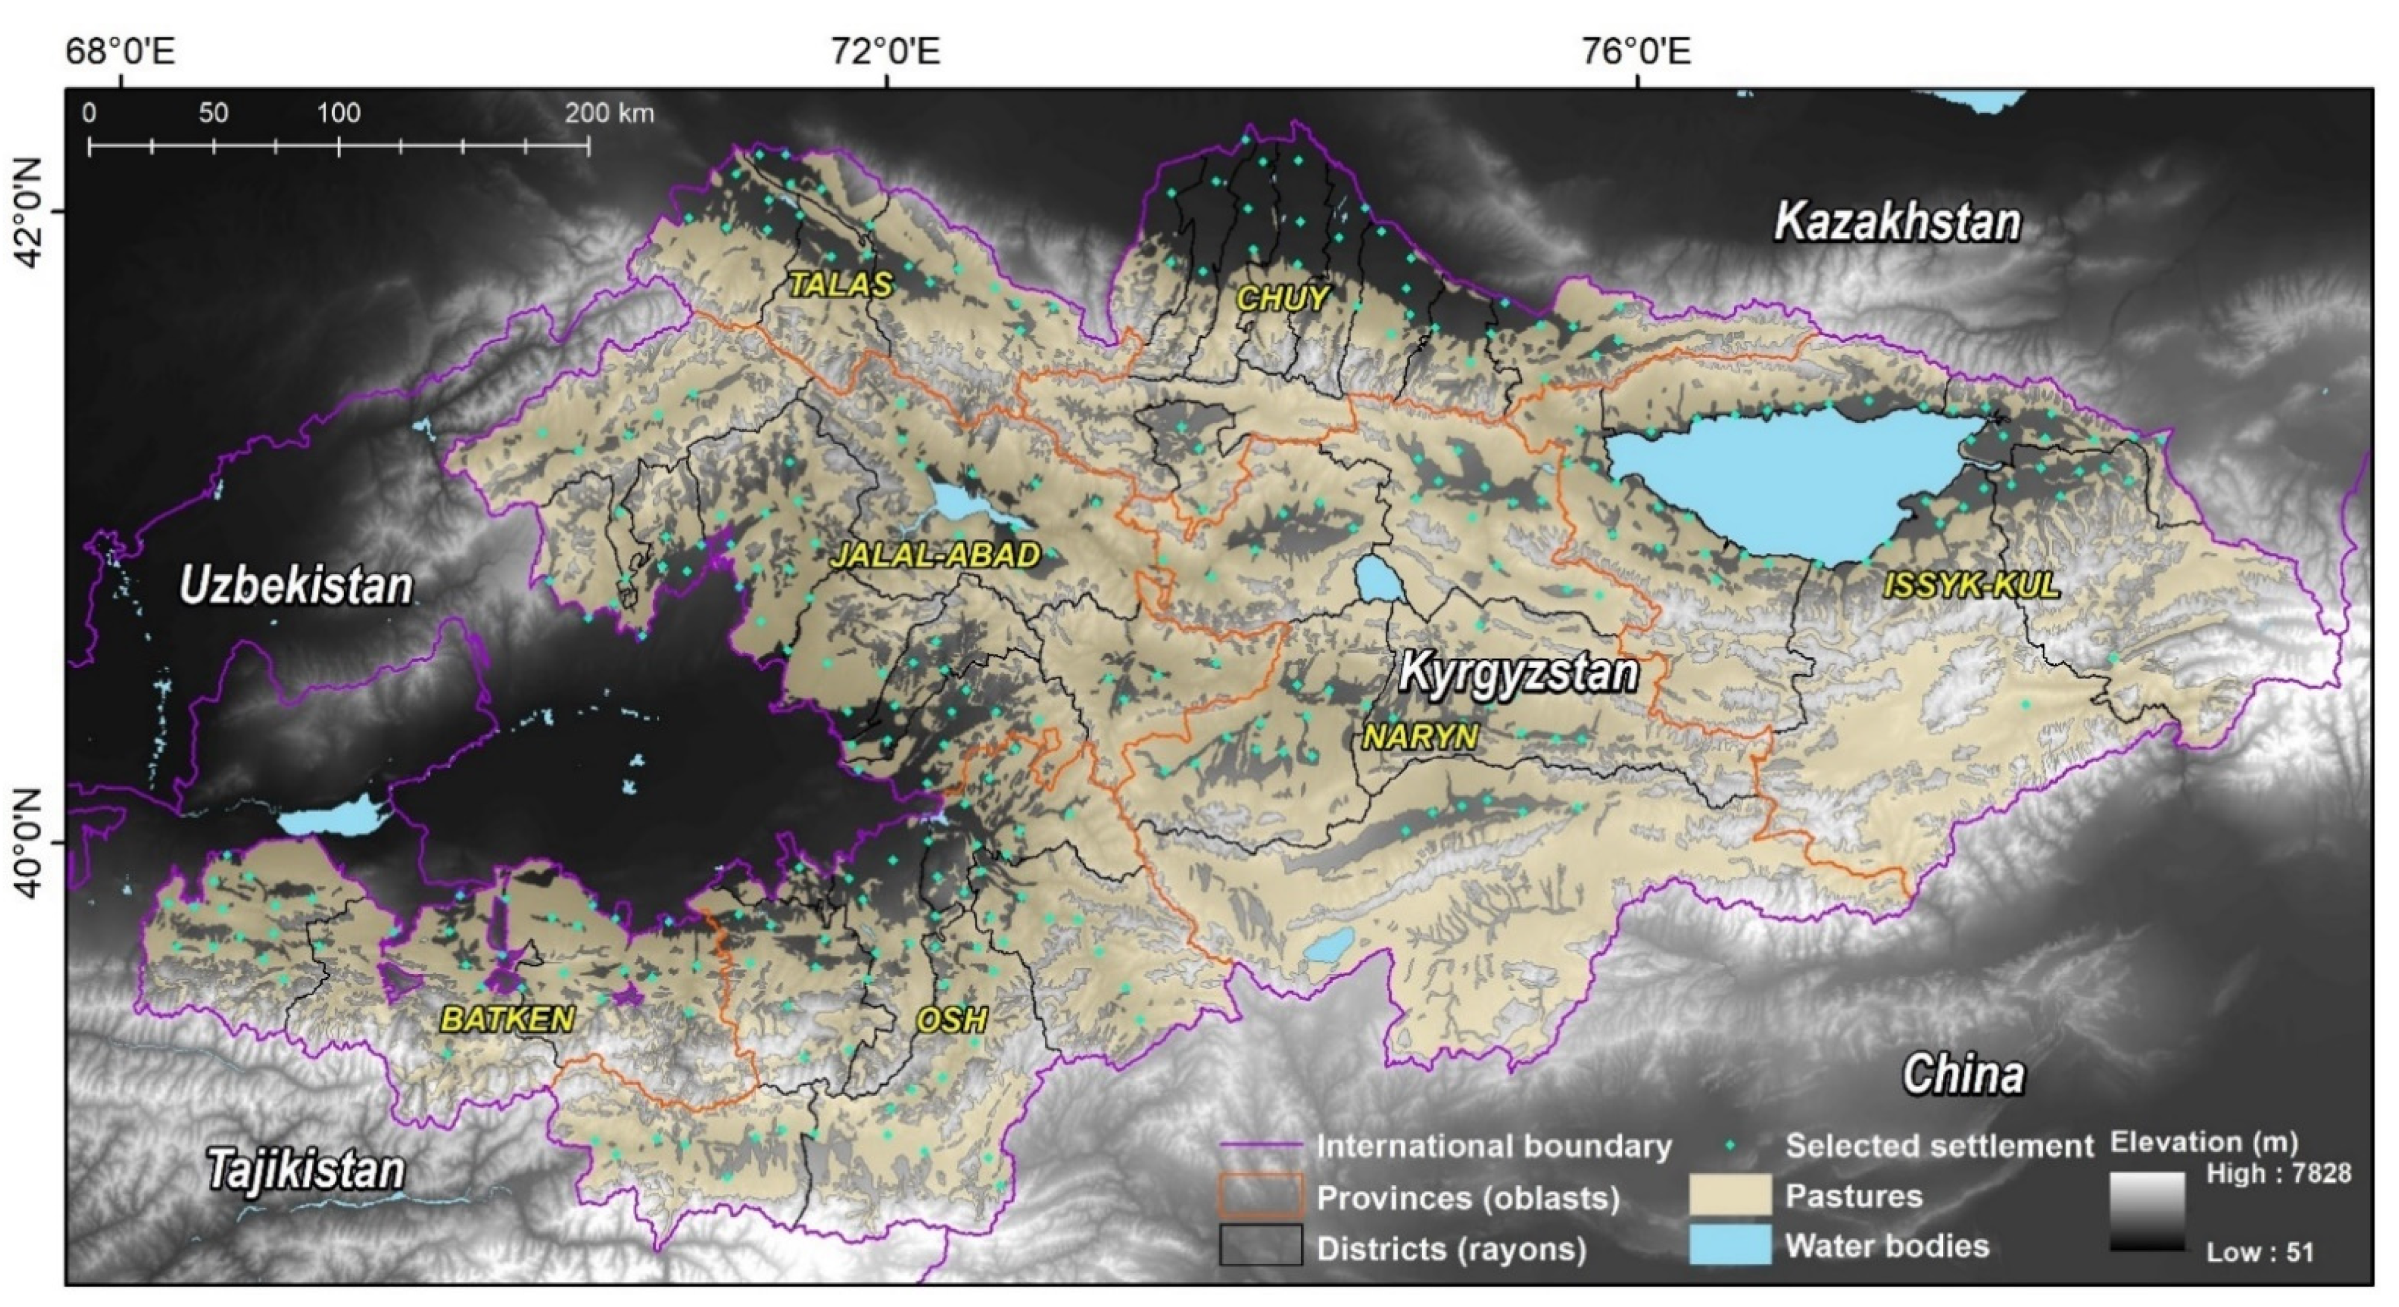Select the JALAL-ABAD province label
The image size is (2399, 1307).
(935, 556)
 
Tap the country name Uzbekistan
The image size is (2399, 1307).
(295, 586)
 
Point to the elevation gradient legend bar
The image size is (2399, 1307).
(2147, 1210)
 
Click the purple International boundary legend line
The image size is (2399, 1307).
(1261, 1146)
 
